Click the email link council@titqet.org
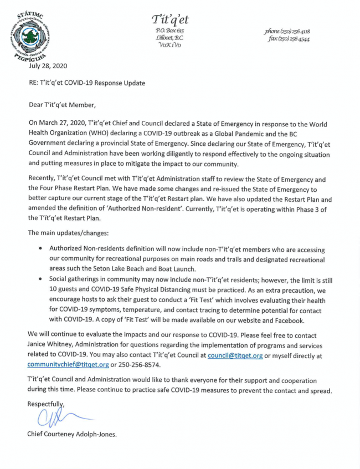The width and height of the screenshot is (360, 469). click(x=235, y=355)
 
